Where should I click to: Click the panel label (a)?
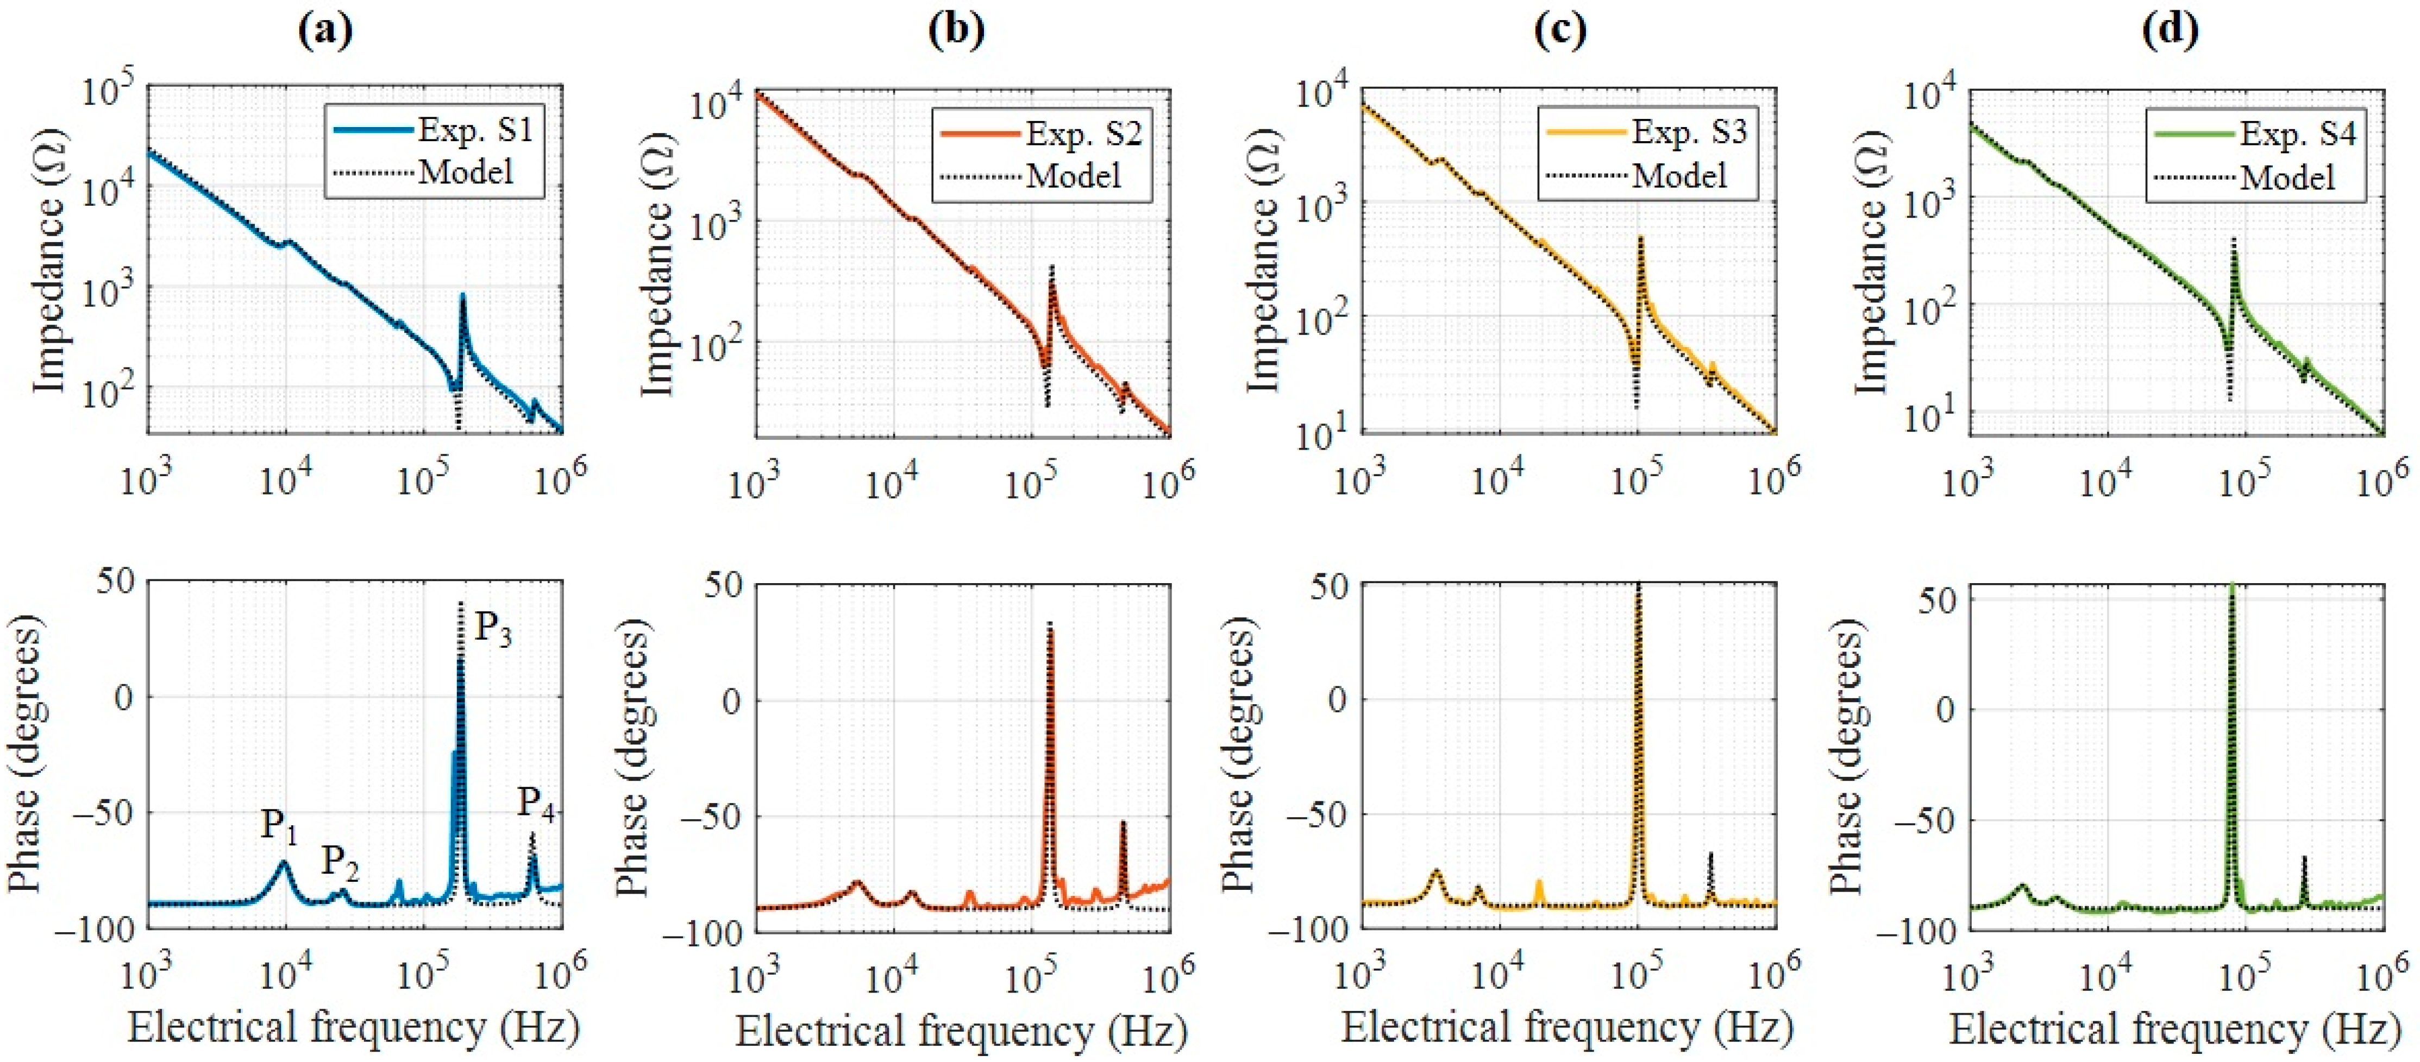point(325,31)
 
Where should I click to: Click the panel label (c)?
point(1559,31)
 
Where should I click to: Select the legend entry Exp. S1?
point(474,130)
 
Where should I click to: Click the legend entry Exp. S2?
point(1082,134)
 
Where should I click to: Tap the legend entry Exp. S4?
point(2297,134)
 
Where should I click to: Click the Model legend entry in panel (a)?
point(465,171)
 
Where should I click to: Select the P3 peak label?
point(492,627)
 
